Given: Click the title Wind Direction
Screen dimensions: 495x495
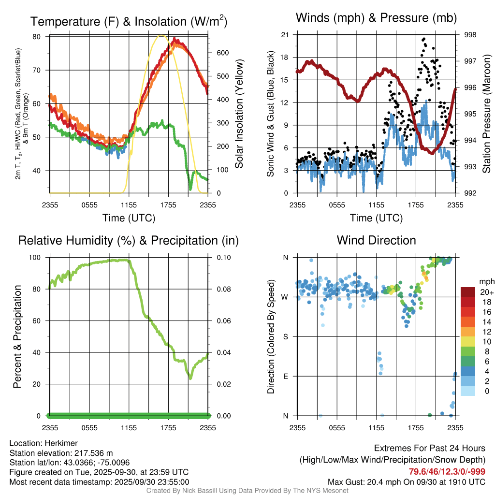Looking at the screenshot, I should (x=376, y=240).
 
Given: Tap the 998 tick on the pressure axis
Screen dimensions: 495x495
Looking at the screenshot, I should (x=469, y=35).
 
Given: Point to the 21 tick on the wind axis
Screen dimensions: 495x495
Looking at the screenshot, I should (x=285, y=35).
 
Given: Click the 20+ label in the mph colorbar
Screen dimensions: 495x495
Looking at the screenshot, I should (x=484, y=292).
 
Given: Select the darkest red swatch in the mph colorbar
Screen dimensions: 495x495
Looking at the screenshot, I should (x=468, y=292).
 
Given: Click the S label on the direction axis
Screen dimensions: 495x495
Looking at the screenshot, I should (x=286, y=336).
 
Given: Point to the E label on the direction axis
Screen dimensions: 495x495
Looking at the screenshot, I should (x=286, y=376).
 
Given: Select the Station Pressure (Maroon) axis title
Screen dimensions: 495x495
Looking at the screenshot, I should (x=486, y=114).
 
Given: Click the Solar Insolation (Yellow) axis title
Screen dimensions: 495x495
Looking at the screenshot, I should (x=239, y=114).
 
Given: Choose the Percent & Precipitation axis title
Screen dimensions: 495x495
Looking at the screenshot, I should (x=17, y=336).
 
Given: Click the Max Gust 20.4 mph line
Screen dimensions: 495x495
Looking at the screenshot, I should (x=407, y=481).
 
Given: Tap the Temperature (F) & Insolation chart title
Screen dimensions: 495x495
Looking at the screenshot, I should (x=129, y=22).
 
